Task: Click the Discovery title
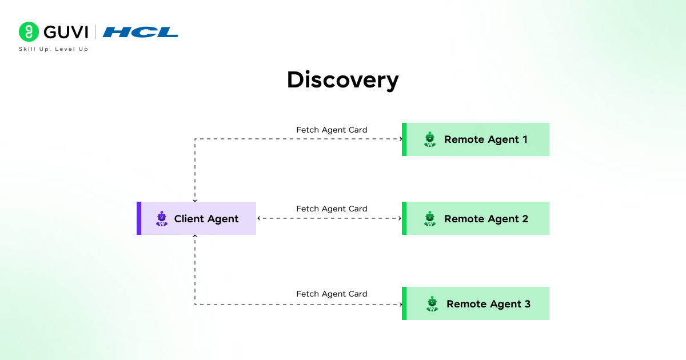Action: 342,79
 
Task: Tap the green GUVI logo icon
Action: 28,32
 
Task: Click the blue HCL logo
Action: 141,33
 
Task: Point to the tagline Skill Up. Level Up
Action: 54,49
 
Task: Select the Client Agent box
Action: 196,218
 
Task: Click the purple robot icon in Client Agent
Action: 162,219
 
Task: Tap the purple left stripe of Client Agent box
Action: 139,218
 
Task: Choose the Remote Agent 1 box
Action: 476,139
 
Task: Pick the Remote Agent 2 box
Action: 476,218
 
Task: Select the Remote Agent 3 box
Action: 476,303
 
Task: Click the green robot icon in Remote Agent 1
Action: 430,139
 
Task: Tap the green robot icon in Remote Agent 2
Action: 430,218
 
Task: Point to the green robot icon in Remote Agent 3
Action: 432,303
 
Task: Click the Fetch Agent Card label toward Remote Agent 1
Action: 332,130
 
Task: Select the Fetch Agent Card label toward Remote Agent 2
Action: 332,209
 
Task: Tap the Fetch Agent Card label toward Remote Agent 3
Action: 332,294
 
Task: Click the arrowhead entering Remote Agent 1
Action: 400,139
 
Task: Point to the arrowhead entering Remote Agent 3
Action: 400,304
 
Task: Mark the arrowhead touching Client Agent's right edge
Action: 259,218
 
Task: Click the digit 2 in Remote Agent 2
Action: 524,219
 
